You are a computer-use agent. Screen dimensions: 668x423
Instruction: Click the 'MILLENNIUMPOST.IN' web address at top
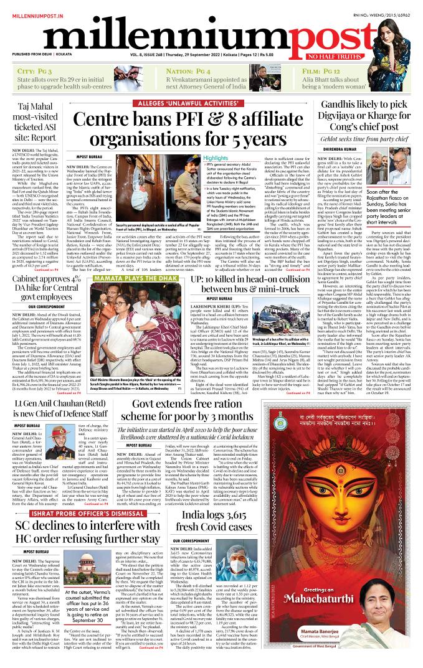coord(32,7)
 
